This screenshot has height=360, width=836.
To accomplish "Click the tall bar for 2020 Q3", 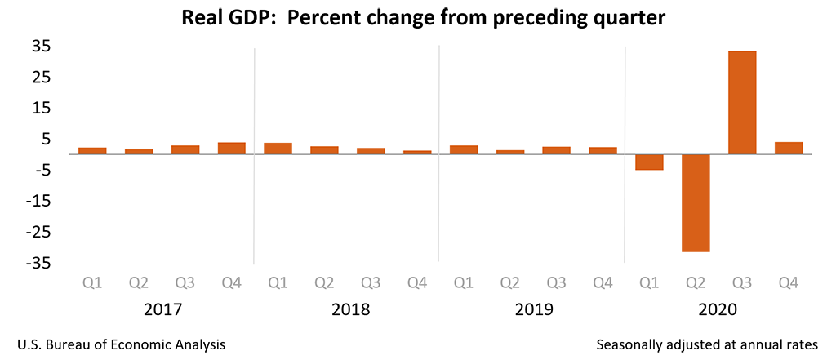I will (x=742, y=103).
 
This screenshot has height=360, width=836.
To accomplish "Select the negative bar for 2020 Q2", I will (x=696, y=203).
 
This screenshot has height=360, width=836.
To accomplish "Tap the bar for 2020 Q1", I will (x=649, y=162).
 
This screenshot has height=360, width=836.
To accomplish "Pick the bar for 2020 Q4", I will (x=789, y=148).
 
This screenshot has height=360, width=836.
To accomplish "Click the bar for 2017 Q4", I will (x=232, y=148).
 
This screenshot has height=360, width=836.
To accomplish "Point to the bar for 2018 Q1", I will (x=278, y=149).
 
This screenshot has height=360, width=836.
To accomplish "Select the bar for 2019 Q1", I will (x=464, y=149).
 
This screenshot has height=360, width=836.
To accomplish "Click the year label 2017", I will (x=162, y=310).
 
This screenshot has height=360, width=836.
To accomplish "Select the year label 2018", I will (x=349, y=310).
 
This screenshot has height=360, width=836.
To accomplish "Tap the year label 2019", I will (x=534, y=310).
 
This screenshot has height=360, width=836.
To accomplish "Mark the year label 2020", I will (x=718, y=310).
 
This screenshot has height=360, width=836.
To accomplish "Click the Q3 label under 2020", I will (x=742, y=282).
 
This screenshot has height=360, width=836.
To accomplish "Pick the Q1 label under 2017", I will (x=92, y=282).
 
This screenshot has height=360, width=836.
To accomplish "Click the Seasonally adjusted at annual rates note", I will (x=707, y=344).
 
